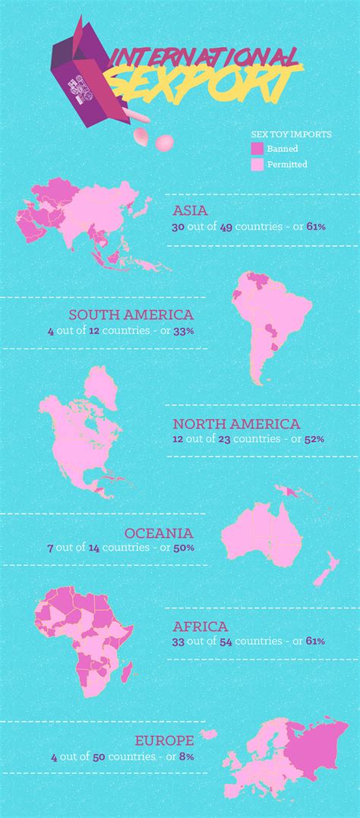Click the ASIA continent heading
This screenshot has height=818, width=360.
coord(191,210)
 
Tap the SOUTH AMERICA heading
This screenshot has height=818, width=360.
coord(131,314)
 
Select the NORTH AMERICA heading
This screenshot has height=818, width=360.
coord(236,424)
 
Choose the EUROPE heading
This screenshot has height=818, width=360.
coord(164,740)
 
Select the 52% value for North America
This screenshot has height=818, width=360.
coord(314,439)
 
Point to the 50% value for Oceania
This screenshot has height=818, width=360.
coord(185,548)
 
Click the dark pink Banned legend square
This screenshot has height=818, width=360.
coord(257,149)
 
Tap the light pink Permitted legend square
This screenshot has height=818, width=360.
coord(257,163)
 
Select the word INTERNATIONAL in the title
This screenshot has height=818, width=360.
coord(204,55)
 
